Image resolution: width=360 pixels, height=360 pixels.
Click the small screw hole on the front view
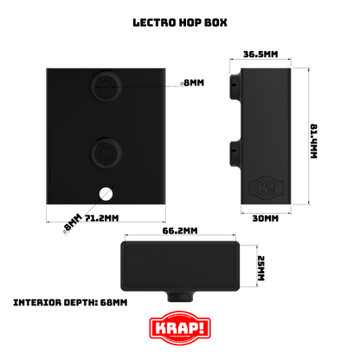105,193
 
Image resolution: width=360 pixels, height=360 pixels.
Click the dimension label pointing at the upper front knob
193,82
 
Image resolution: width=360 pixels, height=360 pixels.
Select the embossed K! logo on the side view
260,186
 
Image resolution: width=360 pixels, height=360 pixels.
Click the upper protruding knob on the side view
234,85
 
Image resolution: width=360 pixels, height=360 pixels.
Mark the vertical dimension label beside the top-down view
261,267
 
